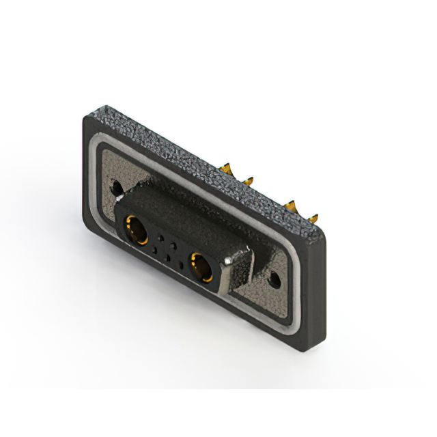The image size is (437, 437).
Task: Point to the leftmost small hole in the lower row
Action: (x=154, y=251)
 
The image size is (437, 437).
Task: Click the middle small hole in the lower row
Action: (x=167, y=257)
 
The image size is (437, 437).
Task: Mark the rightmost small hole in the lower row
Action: (x=180, y=265)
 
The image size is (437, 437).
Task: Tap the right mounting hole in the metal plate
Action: (x=275, y=279)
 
